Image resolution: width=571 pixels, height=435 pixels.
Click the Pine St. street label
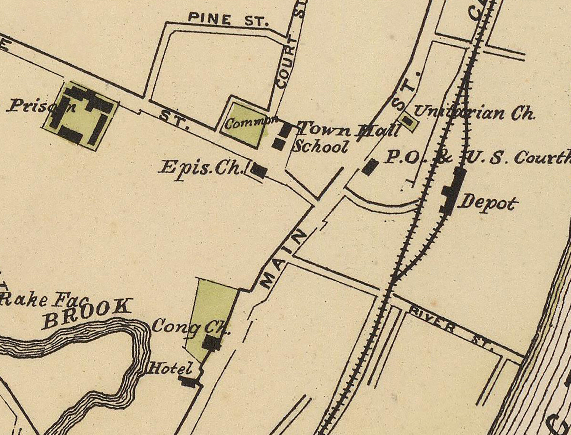[x=228, y=19]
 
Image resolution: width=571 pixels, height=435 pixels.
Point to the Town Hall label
[x=349, y=130]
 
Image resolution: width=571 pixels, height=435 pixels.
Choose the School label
[x=321, y=147]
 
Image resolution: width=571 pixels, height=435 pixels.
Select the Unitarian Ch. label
[x=474, y=113]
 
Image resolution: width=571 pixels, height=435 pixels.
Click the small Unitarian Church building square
[x=408, y=121]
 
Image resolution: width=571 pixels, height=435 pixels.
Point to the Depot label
[x=489, y=202]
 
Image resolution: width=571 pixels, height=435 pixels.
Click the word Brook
[x=87, y=313]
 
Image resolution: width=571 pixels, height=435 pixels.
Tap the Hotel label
[x=171, y=368]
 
